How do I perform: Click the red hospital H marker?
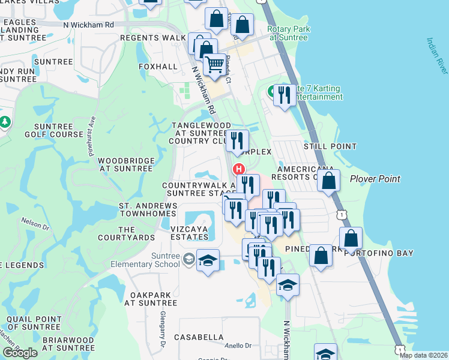point(239,169)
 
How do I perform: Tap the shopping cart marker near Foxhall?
point(214,64)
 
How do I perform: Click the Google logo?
point(20,353)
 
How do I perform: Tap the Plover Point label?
point(375,179)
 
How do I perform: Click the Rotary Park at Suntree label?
point(288,33)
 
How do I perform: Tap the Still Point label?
point(330,146)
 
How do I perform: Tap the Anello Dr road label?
point(239,346)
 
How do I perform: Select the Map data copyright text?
point(424,355)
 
